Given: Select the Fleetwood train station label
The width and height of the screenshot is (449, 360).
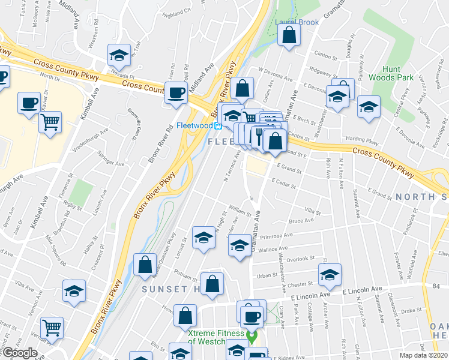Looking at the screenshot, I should (x=195, y=125).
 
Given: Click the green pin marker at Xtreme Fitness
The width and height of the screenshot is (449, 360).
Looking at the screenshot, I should (x=253, y=337).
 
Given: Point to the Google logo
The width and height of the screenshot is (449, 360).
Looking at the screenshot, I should (x=20, y=353).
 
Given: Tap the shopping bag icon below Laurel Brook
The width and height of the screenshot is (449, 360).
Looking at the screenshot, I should (x=289, y=35).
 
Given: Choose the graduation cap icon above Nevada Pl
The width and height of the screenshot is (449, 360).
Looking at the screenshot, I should (x=119, y=55).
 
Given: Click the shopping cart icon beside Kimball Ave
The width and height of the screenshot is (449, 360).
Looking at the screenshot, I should (x=50, y=122).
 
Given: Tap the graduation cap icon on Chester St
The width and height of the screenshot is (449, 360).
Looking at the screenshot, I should (x=330, y=275).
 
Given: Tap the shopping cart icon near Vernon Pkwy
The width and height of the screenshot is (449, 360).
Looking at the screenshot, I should (x=52, y=328).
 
